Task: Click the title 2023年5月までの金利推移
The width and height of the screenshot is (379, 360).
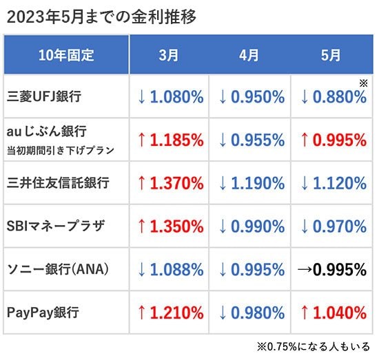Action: [x=101, y=17]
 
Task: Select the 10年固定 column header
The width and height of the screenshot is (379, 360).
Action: [x=66, y=55]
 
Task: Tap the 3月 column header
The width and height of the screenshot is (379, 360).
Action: [x=169, y=55]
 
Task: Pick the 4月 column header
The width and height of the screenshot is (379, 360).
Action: [x=249, y=55]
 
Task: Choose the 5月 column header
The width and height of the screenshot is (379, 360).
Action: [x=331, y=55]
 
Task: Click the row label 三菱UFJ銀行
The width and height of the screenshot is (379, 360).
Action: [x=44, y=96]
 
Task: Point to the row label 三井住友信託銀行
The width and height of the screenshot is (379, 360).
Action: [x=58, y=182]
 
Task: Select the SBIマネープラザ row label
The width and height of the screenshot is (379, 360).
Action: [x=56, y=226]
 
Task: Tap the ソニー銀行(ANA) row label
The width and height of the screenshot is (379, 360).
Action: [x=58, y=269]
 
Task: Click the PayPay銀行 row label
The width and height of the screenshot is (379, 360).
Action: [x=43, y=313]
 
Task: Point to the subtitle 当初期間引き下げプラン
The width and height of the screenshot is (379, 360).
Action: [x=61, y=151]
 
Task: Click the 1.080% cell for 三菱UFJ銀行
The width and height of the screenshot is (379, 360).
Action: [x=176, y=97]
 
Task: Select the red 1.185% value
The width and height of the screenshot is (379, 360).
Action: [x=176, y=140]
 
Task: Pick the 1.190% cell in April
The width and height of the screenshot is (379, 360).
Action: [x=258, y=183]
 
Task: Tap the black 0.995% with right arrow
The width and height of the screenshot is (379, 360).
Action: [x=332, y=269]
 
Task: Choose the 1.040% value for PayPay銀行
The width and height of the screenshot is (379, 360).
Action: [x=340, y=313]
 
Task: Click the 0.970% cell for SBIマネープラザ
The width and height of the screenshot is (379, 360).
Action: [x=340, y=226]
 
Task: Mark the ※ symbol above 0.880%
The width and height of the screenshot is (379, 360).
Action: [x=364, y=83]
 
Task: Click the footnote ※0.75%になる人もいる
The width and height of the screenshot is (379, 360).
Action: [x=314, y=346]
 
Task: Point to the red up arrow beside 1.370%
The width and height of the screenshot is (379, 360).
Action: [x=142, y=183]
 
